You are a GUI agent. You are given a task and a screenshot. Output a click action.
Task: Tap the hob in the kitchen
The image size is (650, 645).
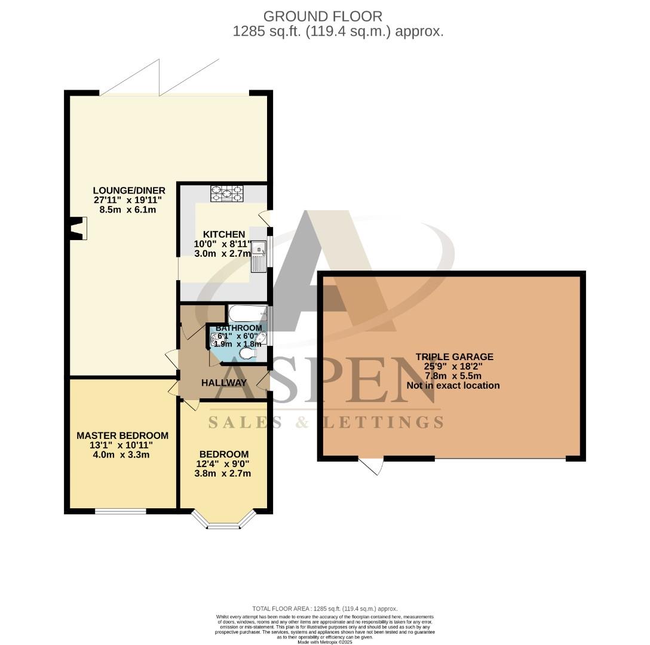click(x=226, y=193)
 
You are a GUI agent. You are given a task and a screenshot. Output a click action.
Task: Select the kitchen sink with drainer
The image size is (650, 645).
click(x=259, y=256)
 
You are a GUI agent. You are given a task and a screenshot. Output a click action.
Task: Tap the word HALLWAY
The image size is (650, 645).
click(x=224, y=383)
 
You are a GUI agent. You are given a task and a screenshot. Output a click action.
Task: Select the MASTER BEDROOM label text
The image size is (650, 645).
click(x=122, y=435)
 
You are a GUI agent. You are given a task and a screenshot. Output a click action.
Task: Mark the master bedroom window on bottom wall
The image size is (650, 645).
click(x=121, y=511)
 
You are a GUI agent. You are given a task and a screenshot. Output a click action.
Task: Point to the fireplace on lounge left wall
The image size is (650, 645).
click(x=77, y=229)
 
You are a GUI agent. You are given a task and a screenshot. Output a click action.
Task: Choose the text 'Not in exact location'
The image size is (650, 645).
click(x=453, y=385)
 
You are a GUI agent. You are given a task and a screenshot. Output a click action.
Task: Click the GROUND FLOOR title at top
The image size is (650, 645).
click(x=323, y=16)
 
